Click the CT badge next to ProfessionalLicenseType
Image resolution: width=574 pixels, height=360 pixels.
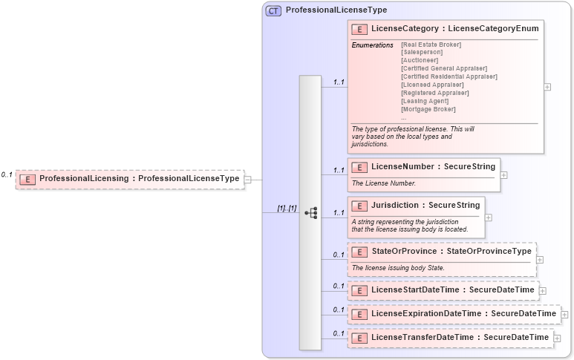(273, 11)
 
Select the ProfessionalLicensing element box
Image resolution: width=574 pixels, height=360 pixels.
(130, 179)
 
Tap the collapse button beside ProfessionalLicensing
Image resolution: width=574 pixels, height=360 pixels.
(248, 179)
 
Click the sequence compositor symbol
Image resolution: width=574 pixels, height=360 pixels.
(311, 213)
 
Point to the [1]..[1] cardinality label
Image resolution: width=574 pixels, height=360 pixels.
(287, 209)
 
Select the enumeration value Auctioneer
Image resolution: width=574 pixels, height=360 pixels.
(420, 60)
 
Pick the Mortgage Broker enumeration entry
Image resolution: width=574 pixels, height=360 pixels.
(428, 109)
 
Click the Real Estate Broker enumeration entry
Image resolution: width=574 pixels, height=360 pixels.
(431, 45)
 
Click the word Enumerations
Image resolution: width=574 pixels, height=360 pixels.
(372, 45)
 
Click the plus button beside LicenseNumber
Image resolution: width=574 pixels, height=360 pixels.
(503, 175)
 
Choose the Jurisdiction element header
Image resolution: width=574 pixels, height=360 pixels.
(416, 206)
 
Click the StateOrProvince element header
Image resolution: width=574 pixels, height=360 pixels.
(441, 252)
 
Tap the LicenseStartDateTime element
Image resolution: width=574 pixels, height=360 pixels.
(443, 290)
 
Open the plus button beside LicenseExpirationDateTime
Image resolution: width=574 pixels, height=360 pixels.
(565, 315)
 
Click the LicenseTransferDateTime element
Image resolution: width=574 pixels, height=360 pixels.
(450, 338)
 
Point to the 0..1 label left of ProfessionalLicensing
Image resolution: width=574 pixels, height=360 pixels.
(7, 175)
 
